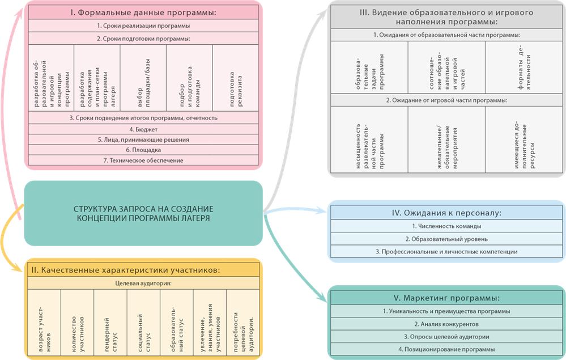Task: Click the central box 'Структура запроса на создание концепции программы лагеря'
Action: tap(143, 213)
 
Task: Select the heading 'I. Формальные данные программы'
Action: tap(143, 11)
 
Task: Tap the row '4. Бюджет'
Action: tap(143, 129)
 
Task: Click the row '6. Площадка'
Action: tap(143, 150)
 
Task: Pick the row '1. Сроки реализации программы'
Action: tap(143, 26)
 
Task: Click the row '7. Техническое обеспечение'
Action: tap(143, 161)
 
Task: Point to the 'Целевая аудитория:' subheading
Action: tap(143, 282)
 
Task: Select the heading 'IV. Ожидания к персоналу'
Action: tap(447, 213)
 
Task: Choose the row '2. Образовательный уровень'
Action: tap(447, 239)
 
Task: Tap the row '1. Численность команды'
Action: tap(447, 226)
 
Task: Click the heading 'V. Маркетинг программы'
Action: tap(447, 298)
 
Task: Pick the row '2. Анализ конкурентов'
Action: tap(447, 324)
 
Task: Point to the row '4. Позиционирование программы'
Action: tap(447, 349)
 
